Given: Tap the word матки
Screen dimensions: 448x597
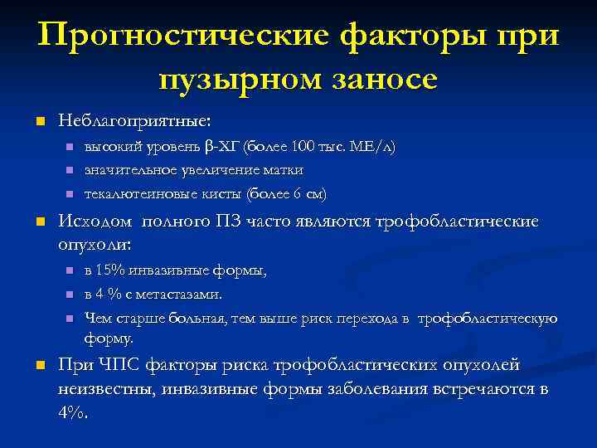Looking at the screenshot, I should (x=284, y=170).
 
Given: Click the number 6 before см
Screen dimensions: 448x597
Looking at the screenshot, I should (x=298, y=194).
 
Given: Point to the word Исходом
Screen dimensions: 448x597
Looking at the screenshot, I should (x=95, y=222).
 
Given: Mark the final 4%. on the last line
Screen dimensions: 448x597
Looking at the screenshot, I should (x=72, y=414).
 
